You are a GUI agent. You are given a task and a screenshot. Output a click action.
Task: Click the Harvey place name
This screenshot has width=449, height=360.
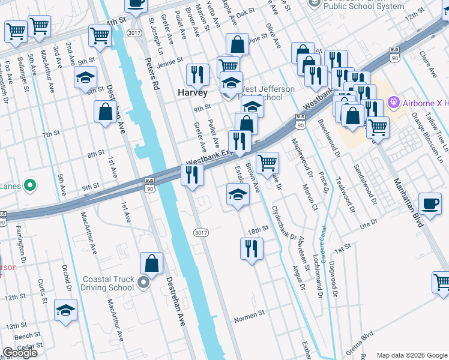[193, 93]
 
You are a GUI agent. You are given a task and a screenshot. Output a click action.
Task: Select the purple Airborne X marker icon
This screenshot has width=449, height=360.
[394, 103]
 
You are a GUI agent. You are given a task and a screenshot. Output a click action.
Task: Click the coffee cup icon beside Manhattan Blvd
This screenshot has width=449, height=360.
[430, 203]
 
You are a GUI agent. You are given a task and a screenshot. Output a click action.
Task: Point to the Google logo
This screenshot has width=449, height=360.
[19, 353]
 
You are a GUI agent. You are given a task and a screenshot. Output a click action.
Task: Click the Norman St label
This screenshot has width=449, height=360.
[249, 314]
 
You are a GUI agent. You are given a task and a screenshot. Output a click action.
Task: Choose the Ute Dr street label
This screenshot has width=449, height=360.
[368, 223]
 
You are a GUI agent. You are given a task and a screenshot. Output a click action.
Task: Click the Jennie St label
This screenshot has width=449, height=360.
[170, 61]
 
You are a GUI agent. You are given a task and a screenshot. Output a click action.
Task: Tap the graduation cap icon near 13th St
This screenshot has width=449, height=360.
[66, 310]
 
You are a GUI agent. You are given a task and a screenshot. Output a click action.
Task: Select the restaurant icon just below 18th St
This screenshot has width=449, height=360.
[252, 248]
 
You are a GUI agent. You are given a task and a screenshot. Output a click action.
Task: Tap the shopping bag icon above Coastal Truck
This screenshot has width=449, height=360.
[152, 263]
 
